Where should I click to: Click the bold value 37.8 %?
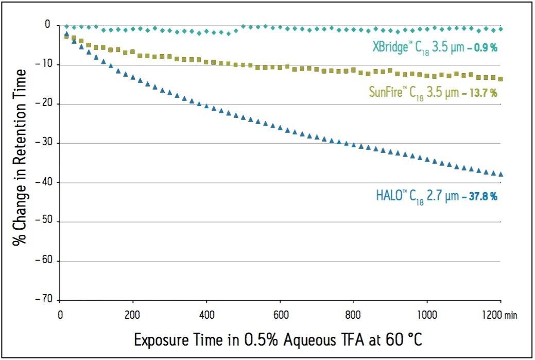[x=482, y=196]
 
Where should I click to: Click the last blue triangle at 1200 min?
[x=501, y=174]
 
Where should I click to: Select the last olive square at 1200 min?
[x=501, y=79]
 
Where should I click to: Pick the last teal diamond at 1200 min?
[x=501, y=29]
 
